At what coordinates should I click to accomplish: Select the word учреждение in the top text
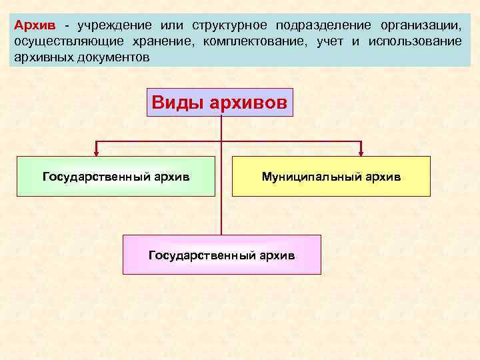(x=110, y=25)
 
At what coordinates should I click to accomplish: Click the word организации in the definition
(x=420, y=25)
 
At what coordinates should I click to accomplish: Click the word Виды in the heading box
(x=176, y=103)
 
